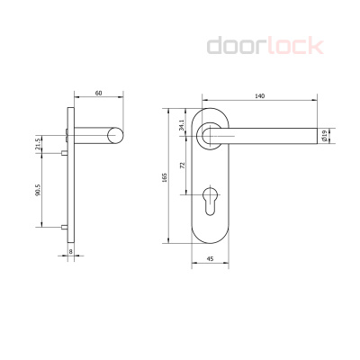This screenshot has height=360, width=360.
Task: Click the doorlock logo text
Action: (x=265, y=45)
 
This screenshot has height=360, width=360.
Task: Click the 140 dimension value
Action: (x=259, y=95)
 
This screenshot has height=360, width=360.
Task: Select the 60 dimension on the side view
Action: (x=96, y=93)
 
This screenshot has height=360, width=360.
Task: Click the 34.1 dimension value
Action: (x=183, y=124)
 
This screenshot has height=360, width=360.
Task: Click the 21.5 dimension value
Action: (x=38, y=145)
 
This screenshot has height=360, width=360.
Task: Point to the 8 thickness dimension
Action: (x=70, y=252)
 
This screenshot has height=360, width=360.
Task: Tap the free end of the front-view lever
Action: (x=318, y=137)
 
